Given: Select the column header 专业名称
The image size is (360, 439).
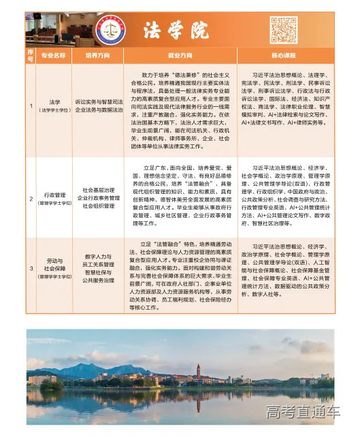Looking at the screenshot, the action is click(53, 54).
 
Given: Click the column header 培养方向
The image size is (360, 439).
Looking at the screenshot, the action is click(98, 54).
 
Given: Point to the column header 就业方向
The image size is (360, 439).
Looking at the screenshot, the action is click(180, 54).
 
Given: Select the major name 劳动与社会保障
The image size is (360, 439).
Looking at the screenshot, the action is click(54, 265).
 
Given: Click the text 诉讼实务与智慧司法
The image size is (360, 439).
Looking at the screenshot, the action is click(99, 100).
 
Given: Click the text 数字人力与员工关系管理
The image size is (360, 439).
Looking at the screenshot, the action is click(99, 254).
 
